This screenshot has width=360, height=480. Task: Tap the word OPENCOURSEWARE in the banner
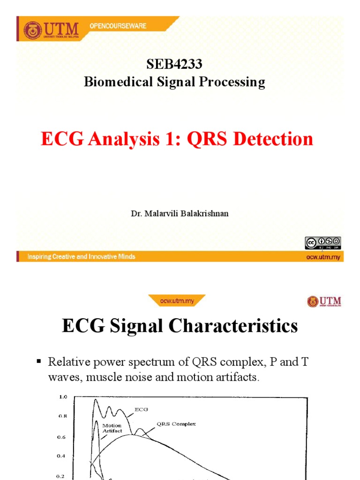point(117,27)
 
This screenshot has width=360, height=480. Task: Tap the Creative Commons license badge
point(322,242)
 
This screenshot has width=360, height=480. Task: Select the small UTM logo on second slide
point(324,301)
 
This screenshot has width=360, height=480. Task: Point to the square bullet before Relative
point(39,362)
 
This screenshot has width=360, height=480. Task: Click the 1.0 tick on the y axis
point(63,397)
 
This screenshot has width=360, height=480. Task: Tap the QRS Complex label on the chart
point(176,424)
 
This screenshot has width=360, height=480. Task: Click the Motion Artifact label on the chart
point(112,428)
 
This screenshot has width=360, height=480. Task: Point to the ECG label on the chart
point(141,409)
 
